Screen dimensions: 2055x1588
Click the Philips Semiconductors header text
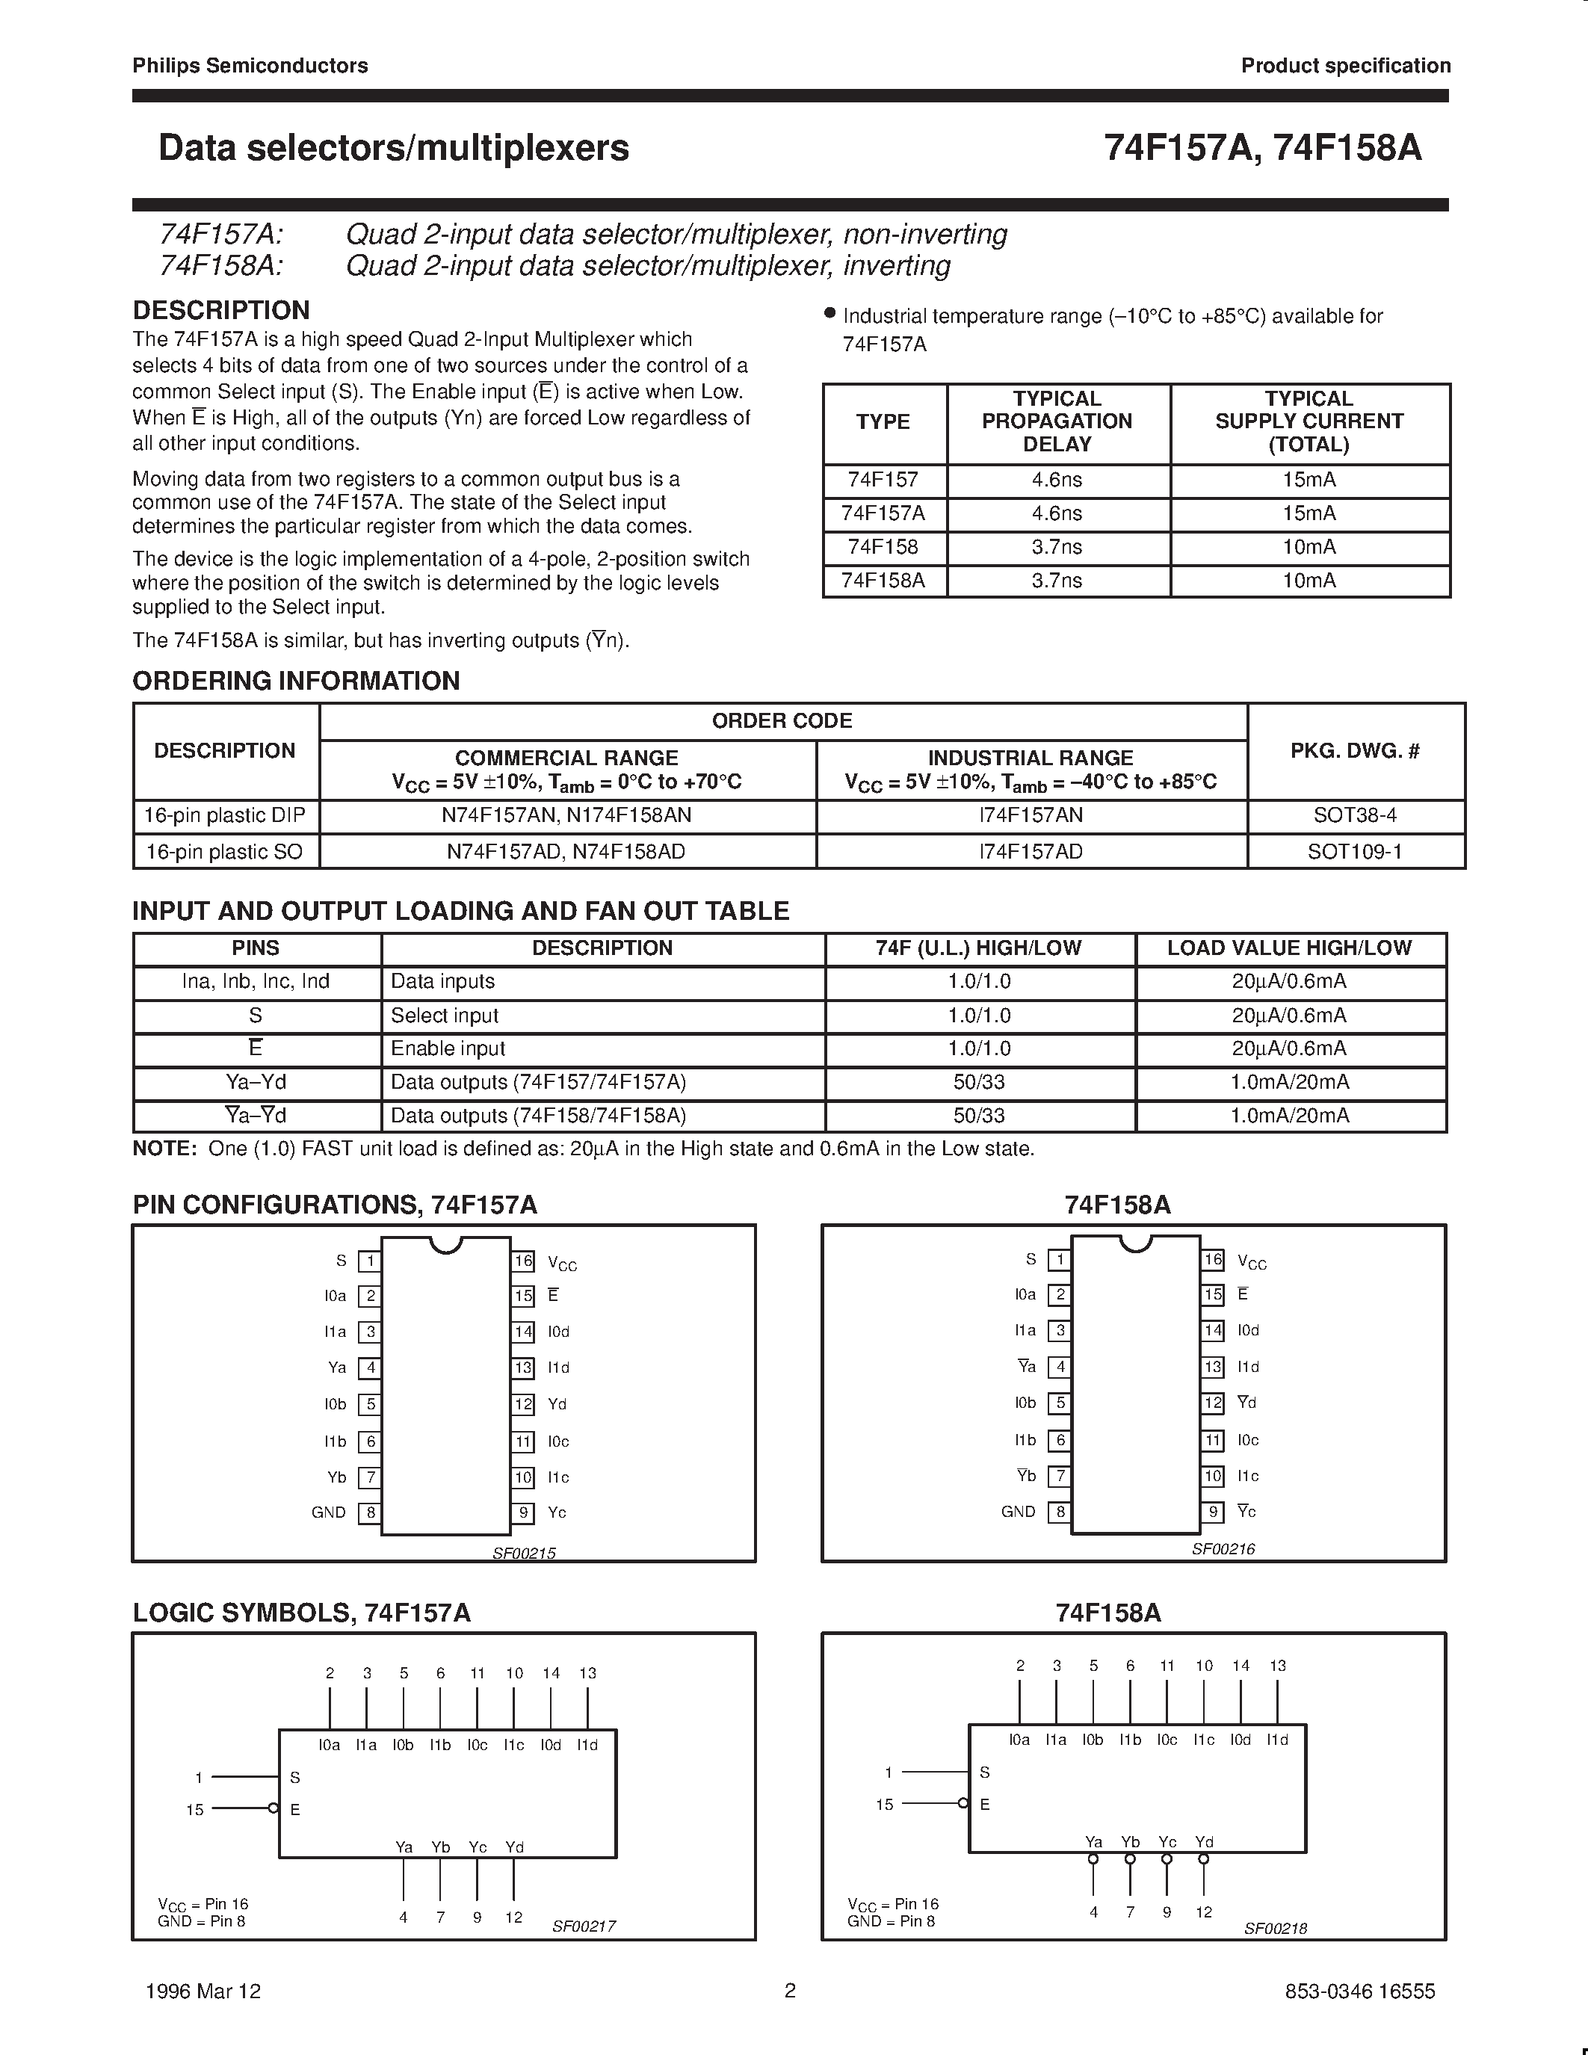coord(250,66)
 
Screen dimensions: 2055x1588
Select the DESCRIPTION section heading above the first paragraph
coord(221,311)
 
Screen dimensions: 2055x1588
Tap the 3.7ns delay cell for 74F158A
coord(1057,581)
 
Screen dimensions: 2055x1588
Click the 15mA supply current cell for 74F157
coord(1309,480)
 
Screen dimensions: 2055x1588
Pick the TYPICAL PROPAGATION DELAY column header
coord(1057,421)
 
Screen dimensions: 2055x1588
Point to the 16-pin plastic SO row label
coord(224,852)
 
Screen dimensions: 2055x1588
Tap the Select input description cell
coord(444,1016)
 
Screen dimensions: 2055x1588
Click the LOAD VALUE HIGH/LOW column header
coord(1289,948)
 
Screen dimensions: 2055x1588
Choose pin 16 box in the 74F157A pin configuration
coord(523,1261)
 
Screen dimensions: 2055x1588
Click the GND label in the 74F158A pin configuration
coord(1018,1511)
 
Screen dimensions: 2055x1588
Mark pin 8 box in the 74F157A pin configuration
coord(371,1513)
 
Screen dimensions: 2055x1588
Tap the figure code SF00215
coord(524,1554)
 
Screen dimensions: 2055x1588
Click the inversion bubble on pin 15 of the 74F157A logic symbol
coord(273,1808)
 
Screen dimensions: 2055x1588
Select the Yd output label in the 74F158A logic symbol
coord(1203,1841)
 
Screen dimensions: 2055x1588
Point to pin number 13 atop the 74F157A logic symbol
coord(587,1673)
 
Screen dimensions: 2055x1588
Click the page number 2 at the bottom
coord(790,1990)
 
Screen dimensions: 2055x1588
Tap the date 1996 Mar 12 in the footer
coord(203,1991)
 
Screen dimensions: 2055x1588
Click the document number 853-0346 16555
coord(1359,1991)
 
